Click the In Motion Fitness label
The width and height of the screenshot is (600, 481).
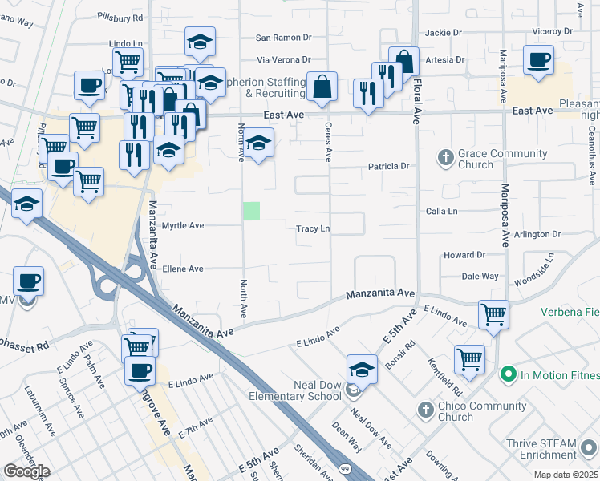click(553, 374)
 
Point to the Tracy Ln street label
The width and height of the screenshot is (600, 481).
click(313, 228)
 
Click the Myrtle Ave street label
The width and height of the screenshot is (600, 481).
click(183, 226)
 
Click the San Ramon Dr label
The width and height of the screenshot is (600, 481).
click(283, 38)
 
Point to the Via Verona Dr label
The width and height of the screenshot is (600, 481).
click(283, 60)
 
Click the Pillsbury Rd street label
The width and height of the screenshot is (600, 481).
click(120, 16)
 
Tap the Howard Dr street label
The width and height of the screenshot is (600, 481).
click(464, 255)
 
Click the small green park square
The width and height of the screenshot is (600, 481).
click(252, 211)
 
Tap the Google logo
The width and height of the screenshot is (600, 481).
click(26, 471)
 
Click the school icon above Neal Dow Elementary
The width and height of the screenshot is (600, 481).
click(362, 370)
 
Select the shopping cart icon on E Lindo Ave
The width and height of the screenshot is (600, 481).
click(493, 314)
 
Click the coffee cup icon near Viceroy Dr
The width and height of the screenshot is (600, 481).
click(537, 59)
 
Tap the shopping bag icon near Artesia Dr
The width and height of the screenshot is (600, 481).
click(404, 63)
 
